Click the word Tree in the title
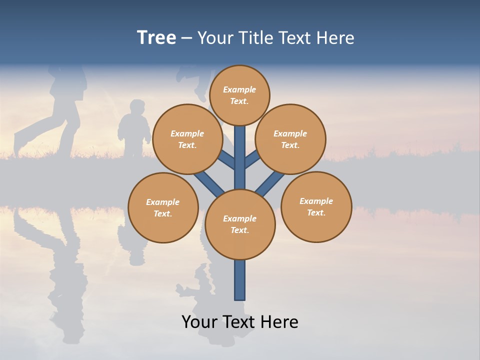156,38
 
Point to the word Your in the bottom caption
200,322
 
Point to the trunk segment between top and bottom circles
240,157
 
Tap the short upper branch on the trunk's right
252,159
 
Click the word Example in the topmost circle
239,89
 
